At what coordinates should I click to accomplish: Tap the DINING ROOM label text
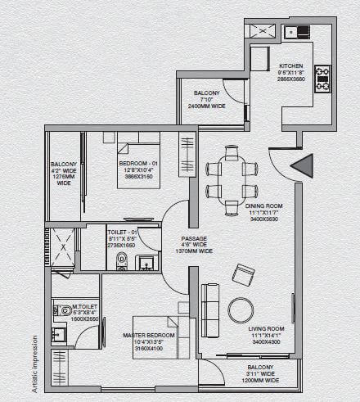[x=263, y=205]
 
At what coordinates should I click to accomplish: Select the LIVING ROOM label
[x=265, y=327]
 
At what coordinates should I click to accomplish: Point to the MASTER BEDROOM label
[x=149, y=335]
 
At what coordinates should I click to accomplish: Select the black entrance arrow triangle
[x=301, y=165]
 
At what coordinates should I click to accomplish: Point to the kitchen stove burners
[x=322, y=78]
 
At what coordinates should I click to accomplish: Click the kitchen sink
[x=296, y=32]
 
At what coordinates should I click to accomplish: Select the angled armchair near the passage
[x=243, y=273]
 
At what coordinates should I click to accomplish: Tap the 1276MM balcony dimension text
[x=64, y=175]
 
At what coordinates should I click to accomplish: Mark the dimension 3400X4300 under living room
[x=265, y=341]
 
